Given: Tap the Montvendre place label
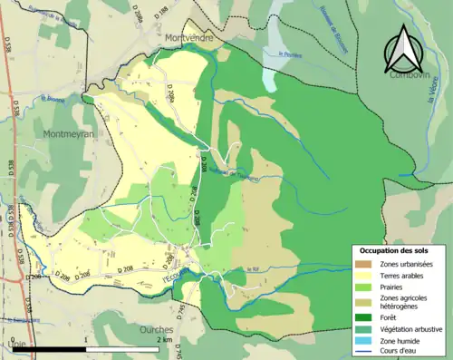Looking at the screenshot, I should point(192,37).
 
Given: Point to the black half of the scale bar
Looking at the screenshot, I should point(63,349).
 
